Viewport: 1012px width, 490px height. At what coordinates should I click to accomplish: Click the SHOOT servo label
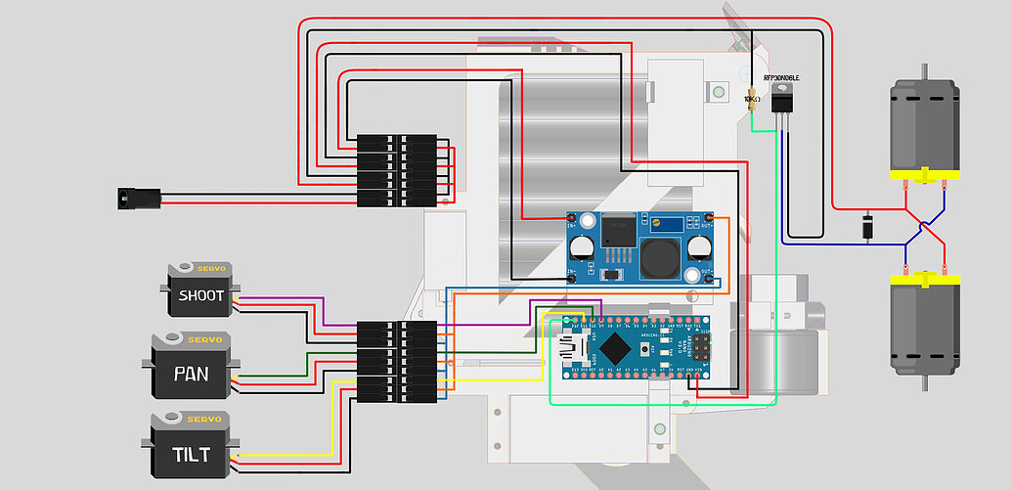[x=200, y=295]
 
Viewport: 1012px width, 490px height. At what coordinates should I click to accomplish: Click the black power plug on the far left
[x=125, y=198]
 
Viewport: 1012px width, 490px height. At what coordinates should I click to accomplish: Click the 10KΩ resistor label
[x=752, y=99]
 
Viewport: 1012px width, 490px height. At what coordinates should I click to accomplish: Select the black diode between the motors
[x=866, y=226]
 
